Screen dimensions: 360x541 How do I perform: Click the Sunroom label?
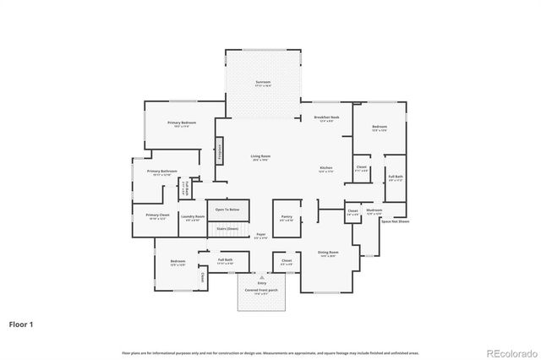[x=263, y=83]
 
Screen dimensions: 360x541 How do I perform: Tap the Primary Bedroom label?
[x=182, y=124]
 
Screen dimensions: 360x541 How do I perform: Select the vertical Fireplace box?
[x=219, y=151]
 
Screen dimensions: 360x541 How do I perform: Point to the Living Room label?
[x=260, y=156]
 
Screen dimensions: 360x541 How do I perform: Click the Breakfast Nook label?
[x=326, y=118]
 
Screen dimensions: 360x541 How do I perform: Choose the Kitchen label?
[x=325, y=169]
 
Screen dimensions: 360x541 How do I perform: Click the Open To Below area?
[x=227, y=210]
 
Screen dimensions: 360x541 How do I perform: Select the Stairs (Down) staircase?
[x=227, y=228]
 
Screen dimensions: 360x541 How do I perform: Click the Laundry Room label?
[x=193, y=216]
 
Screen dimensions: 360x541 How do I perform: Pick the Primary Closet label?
[x=157, y=216]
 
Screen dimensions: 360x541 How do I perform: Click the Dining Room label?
[x=328, y=253]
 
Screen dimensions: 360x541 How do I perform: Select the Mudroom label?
[x=374, y=210]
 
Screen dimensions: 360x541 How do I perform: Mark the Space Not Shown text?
[x=395, y=221]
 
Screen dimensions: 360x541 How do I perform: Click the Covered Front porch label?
[x=262, y=290]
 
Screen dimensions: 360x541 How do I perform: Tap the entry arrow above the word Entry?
[x=262, y=276]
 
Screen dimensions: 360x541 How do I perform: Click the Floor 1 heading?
[x=21, y=324]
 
